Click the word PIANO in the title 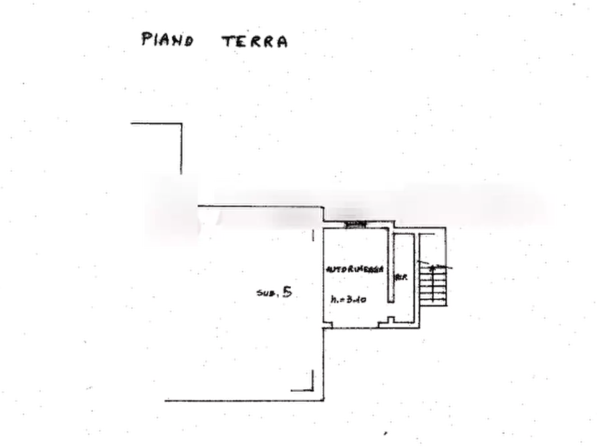pos(168,40)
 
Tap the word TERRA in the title pos(255,41)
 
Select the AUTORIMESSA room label pos(354,268)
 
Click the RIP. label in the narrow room pos(402,275)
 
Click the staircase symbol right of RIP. pos(433,282)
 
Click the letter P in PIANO pos(146,39)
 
